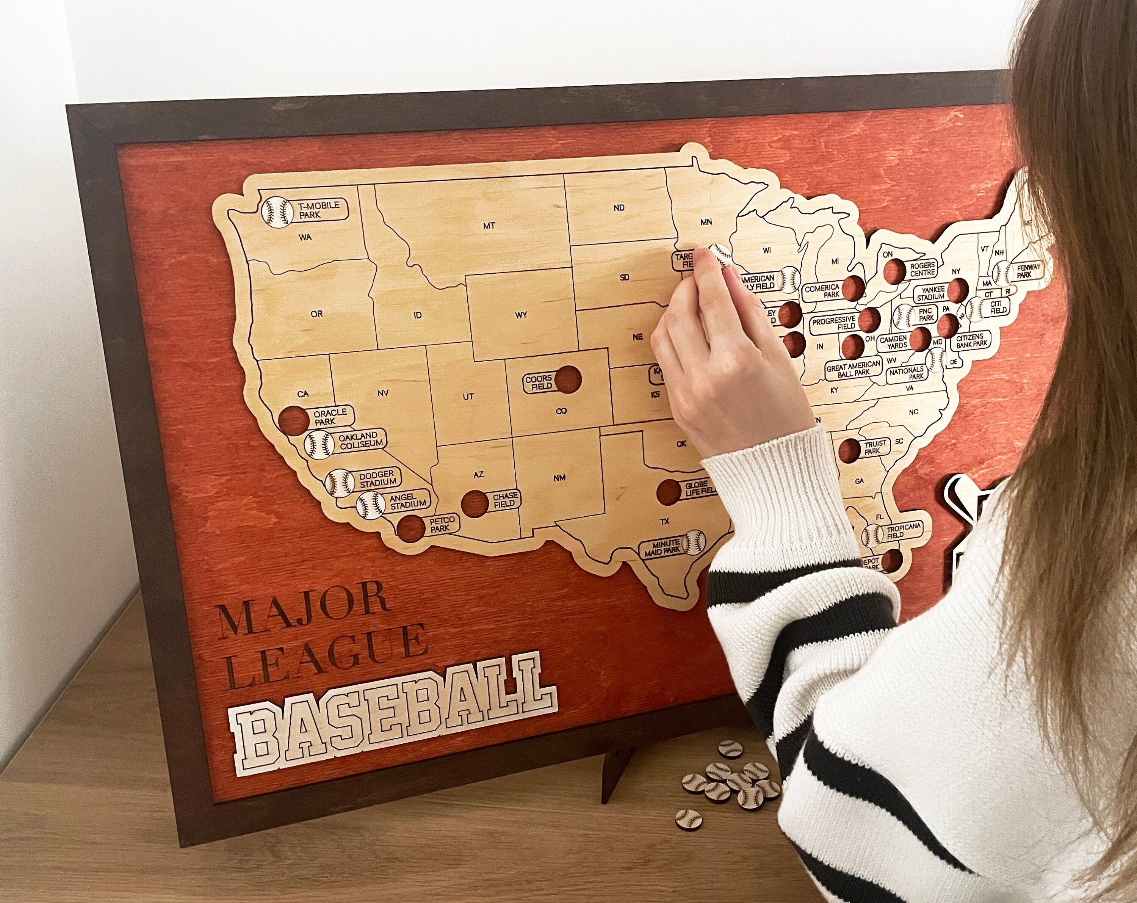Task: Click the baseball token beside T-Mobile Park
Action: [x=276, y=213]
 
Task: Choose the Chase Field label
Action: [x=505, y=500]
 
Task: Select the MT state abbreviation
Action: [x=489, y=226]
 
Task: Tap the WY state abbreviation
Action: [x=521, y=315]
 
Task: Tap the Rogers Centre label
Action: [x=922, y=269]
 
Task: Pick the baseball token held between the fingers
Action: [x=720, y=254]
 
